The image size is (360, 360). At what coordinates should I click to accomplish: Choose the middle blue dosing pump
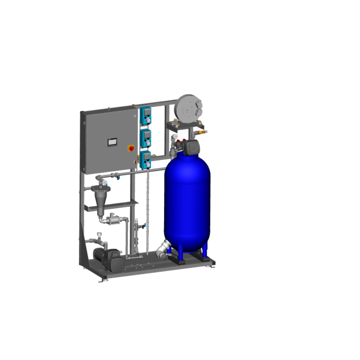pos(146,137)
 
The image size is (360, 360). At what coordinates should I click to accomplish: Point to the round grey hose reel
pos(189,108)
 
